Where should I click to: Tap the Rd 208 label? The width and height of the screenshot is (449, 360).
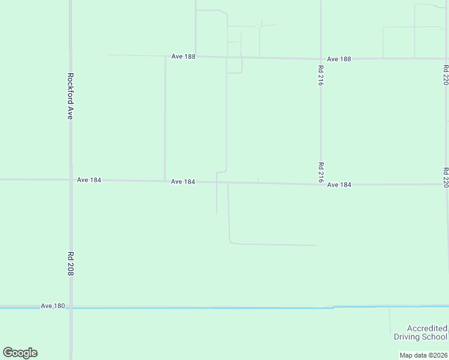point(70,264)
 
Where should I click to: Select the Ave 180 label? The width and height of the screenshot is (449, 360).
point(53,306)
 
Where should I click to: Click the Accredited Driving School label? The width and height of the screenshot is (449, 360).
point(420,332)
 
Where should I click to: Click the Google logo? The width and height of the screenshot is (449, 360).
point(20,353)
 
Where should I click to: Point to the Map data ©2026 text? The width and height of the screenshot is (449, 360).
point(423,355)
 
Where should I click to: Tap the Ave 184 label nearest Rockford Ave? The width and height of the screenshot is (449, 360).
point(89,179)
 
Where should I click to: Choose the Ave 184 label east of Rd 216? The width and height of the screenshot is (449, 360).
point(339,185)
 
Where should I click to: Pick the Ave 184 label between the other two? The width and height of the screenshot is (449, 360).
point(182,182)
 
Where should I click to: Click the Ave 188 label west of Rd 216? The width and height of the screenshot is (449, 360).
point(183,56)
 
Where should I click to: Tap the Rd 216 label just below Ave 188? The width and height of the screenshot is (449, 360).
point(321,76)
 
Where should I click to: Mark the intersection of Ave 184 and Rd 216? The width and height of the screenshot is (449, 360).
point(321,184)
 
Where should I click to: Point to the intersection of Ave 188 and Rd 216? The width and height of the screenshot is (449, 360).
point(321,59)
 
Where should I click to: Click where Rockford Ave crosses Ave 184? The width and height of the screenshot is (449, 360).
point(71,179)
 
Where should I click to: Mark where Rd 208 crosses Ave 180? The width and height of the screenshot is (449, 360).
point(71,307)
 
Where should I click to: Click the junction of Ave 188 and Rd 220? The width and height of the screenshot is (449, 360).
point(447,59)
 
